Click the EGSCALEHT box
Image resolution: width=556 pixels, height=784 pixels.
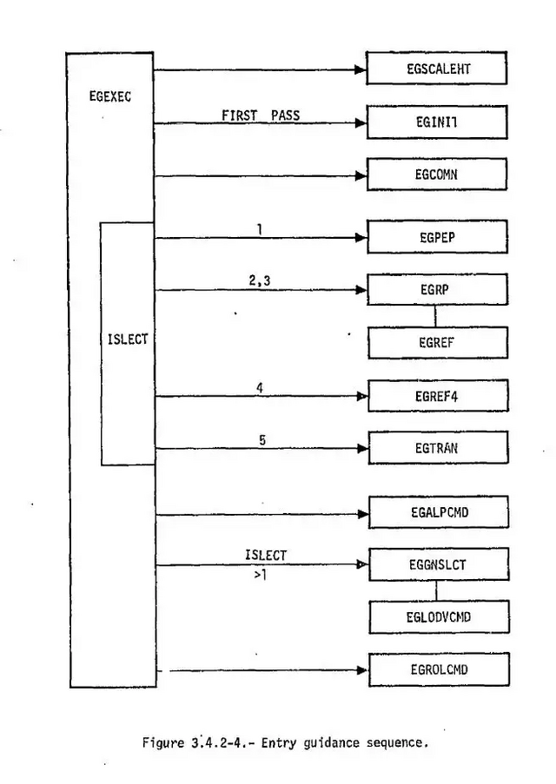click(x=436, y=69)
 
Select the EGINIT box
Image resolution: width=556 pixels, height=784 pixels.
click(x=436, y=122)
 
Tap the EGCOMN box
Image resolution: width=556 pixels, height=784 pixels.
click(x=436, y=174)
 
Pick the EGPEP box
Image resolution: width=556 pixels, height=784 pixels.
click(x=437, y=236)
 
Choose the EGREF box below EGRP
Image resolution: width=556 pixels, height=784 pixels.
click(x=437, y=342)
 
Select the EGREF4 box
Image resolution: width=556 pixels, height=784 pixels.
click(x=438, y=396)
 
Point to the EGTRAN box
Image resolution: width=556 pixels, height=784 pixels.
click(x=438, y=448)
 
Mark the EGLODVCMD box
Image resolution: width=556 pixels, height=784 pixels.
click(x=437, y=616)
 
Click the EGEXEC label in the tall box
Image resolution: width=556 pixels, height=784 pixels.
click(x=110, y=97)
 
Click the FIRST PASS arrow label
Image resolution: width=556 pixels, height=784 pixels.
click(x=260, y=114)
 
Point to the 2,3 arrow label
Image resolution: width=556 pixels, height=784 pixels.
click(x=260, y=280)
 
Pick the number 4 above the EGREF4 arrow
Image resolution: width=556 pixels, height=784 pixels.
click(x=260, y=388)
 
